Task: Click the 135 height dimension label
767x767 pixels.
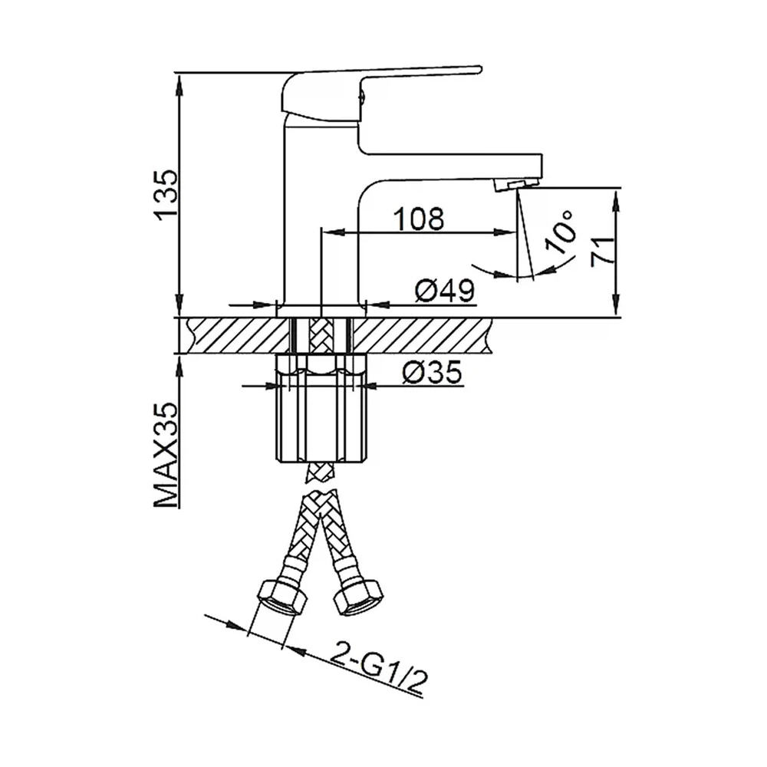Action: (164, 195)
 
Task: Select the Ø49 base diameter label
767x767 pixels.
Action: (445, 291)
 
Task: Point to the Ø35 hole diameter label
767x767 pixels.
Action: (432, 374)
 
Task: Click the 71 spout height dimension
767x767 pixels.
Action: (602, 252)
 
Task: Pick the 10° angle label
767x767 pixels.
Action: (561, 232)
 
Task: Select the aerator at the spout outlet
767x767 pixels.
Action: (515, 184)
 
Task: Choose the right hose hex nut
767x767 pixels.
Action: (358, 597)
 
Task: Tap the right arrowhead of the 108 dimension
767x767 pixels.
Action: (505, 232)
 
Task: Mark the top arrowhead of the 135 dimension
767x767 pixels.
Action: (180, 86)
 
